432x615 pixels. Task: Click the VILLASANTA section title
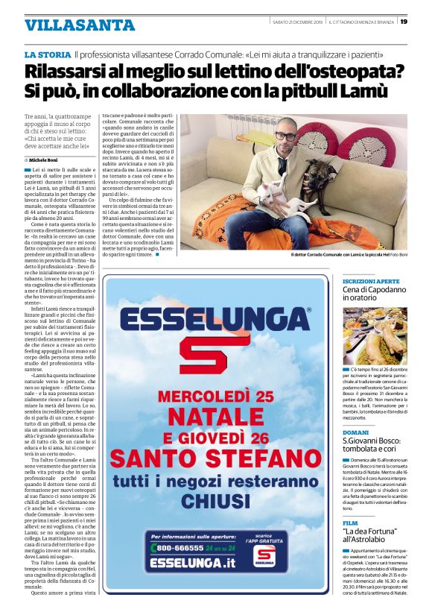pyautogui.click(x=70, y=25)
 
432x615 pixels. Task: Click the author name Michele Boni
pyautogui.click(x=48, y=160)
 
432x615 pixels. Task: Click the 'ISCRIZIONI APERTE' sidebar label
pyautogui.click(x=371, y=281)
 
